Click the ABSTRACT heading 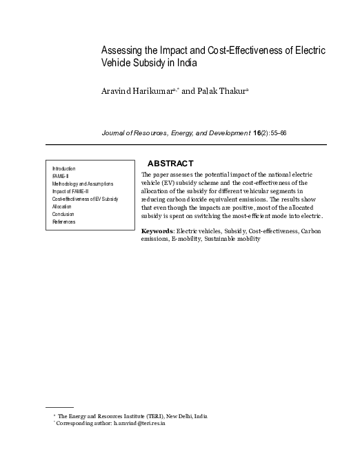pos(170,163)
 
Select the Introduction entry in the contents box pos(64,168)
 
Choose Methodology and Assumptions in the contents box pos(83,184)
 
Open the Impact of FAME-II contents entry pos(72,191)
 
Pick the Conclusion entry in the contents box pos(63,214)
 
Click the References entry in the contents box pos(64,222)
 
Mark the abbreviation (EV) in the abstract pos(168,183)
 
